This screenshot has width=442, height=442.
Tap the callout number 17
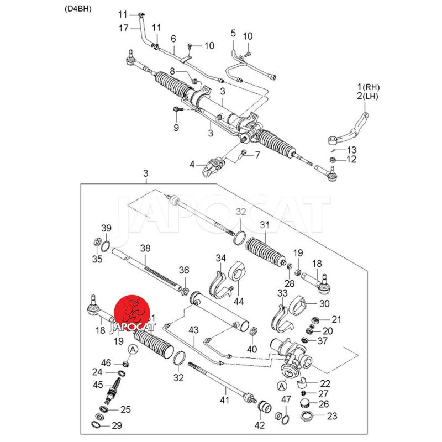[x=124, y=27]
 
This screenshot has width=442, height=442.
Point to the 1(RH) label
[x=369, y=87]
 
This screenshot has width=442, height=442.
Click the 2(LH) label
[x=369, y=96]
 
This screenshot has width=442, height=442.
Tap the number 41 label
[x=224, y=399]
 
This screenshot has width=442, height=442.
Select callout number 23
[x=332, y=416]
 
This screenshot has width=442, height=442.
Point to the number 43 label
[x=193, y=330]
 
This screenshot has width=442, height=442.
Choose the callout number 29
[x=117, y=425]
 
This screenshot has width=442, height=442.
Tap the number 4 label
[x=192, y=164]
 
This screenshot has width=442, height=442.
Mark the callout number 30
[x=324, y=303]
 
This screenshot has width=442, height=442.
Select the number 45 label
[x=98, y=385]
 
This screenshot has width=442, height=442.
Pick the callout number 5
[x=233, y=34]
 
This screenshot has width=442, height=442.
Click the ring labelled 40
[x=252, y=331]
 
